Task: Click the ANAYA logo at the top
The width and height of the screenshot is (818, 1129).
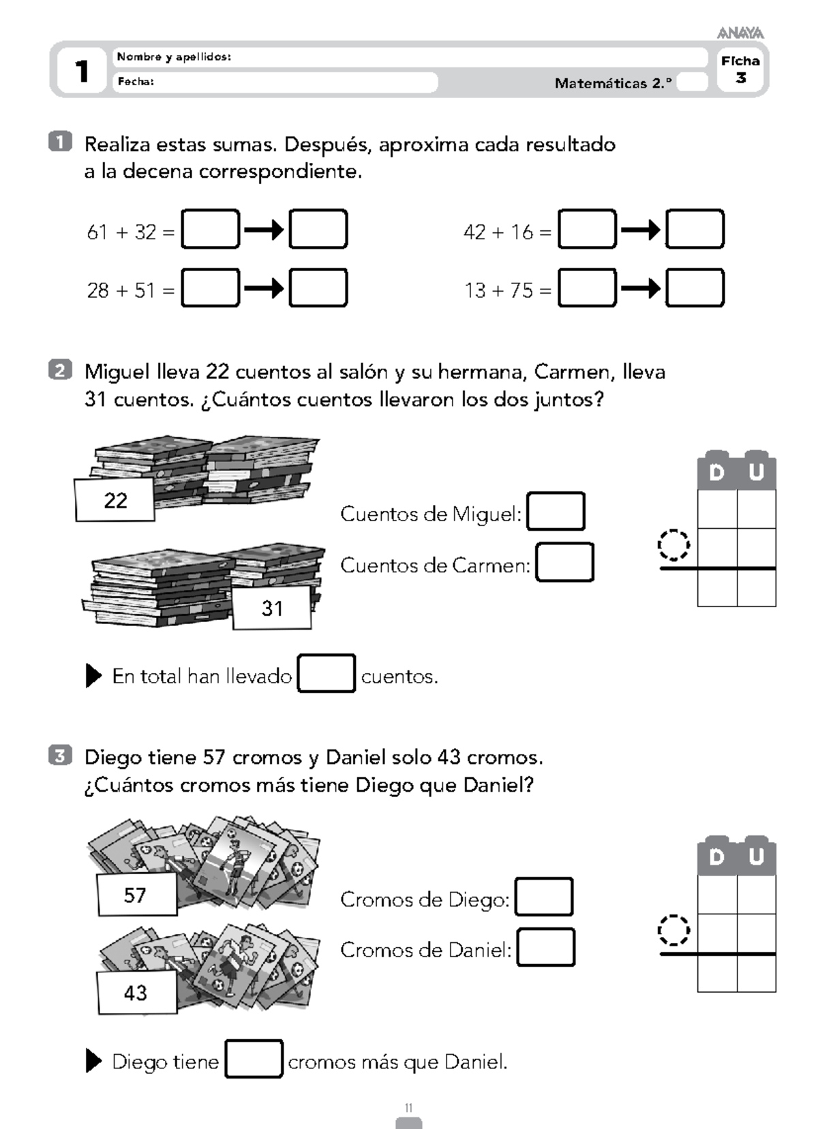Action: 740,33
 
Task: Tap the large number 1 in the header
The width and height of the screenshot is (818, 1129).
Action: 82,71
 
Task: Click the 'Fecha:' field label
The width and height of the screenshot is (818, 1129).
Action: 136,82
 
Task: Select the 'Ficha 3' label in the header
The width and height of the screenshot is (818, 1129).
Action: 740,69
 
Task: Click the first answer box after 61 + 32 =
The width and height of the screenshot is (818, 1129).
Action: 211,230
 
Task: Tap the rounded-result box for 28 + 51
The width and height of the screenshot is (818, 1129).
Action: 318,288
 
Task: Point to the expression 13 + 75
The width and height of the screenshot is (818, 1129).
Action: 498,291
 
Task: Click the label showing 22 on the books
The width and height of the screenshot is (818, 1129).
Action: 115,501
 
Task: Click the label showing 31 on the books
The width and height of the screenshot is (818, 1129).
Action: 272,608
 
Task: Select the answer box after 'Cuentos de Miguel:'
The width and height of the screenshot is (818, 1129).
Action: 556,512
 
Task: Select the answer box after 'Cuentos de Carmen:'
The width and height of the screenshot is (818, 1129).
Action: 564,563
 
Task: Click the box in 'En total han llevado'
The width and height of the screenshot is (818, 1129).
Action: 327,674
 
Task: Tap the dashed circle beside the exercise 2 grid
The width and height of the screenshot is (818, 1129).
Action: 673,545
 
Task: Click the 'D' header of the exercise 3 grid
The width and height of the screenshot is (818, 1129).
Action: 716,857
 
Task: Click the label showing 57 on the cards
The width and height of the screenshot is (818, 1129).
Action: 136,895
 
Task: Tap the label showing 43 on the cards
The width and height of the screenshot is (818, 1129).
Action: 136,993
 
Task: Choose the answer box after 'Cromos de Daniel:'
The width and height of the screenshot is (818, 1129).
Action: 545,948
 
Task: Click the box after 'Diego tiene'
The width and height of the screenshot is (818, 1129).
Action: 254,1060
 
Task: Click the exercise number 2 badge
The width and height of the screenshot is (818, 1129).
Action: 60,371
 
